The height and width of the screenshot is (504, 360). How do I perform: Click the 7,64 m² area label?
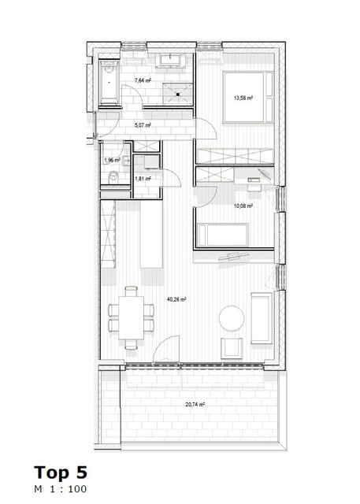(x=143, y=80)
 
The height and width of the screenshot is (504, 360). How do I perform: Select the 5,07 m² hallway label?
(x=143, y=124)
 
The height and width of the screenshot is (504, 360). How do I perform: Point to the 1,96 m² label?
(x=111, y=161)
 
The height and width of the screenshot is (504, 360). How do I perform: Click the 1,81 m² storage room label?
(x=143, y=179)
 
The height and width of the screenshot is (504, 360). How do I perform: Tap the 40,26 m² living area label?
(x=176, y=299)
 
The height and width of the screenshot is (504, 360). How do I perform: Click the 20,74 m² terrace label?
(x=195, y=404)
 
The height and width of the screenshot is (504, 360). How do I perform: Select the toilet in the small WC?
(x=113, y=176)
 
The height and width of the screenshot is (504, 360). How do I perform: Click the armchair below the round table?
(x=232, y=347)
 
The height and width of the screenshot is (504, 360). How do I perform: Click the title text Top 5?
(x=61, y=472)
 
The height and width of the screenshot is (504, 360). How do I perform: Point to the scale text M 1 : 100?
(x=60, y=489)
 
